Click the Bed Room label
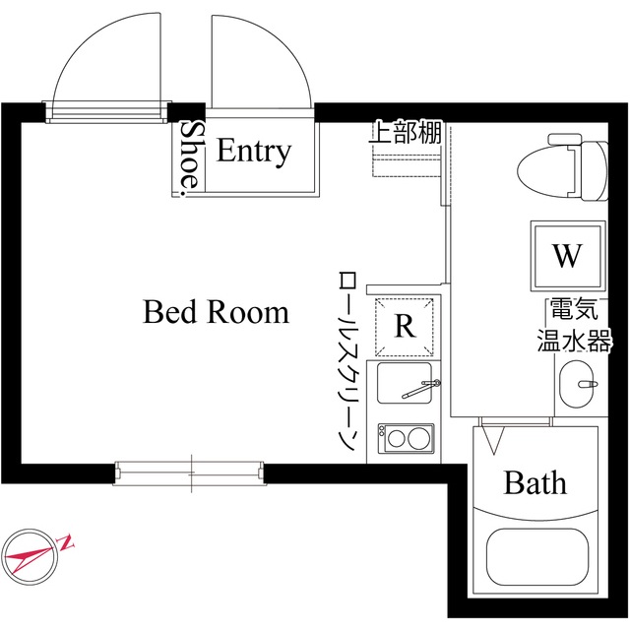(217, 313)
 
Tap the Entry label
(254, 152)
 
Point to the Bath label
(535, 483)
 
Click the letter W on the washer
(566, 256)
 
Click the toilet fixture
(561, 169)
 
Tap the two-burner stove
(407, 436)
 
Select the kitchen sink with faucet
(407, 388)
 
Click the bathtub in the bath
(535, 560)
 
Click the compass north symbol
(33, 555)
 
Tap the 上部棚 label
(406, 133)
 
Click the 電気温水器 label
(574, 326)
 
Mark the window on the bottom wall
(190, 472)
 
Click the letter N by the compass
(67, 540)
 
